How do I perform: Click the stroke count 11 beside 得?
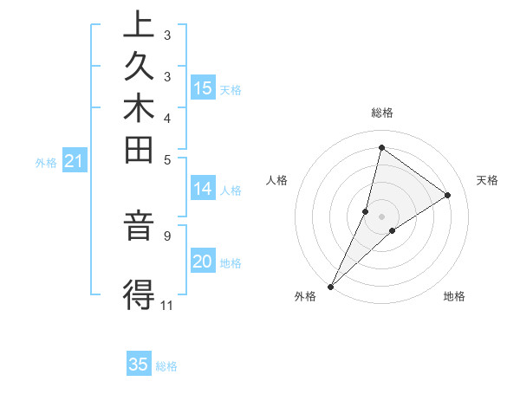pyautogui.click(x=166, y=305)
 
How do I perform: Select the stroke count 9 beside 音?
pyautogui.click(x=166, y=235)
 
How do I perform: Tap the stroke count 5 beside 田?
pyautogui.click(x=166, y=159)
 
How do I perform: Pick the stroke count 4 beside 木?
pyautogui.click(x=166, y=117)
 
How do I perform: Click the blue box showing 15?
pyautogui.click(x=203, y=87)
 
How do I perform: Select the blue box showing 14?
pyautogui.click(x=203, y=188)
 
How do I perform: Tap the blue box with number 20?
pyautogui.click(x=203, y=261)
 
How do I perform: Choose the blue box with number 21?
pyautogui.click(x=75, y=160)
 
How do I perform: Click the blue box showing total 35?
pyautogui.click(x=139, y=365)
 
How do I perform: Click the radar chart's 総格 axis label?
pyautogui.click(x=382, y=113)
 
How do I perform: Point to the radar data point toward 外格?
pyautogui.click(x=331, y=286)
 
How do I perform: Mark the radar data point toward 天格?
pyautogui.click(x=448, y=195)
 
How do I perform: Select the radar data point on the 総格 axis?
pyautogui.click(x=381, y=148)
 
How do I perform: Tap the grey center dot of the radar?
pyautogui.click(x=381, y=216)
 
